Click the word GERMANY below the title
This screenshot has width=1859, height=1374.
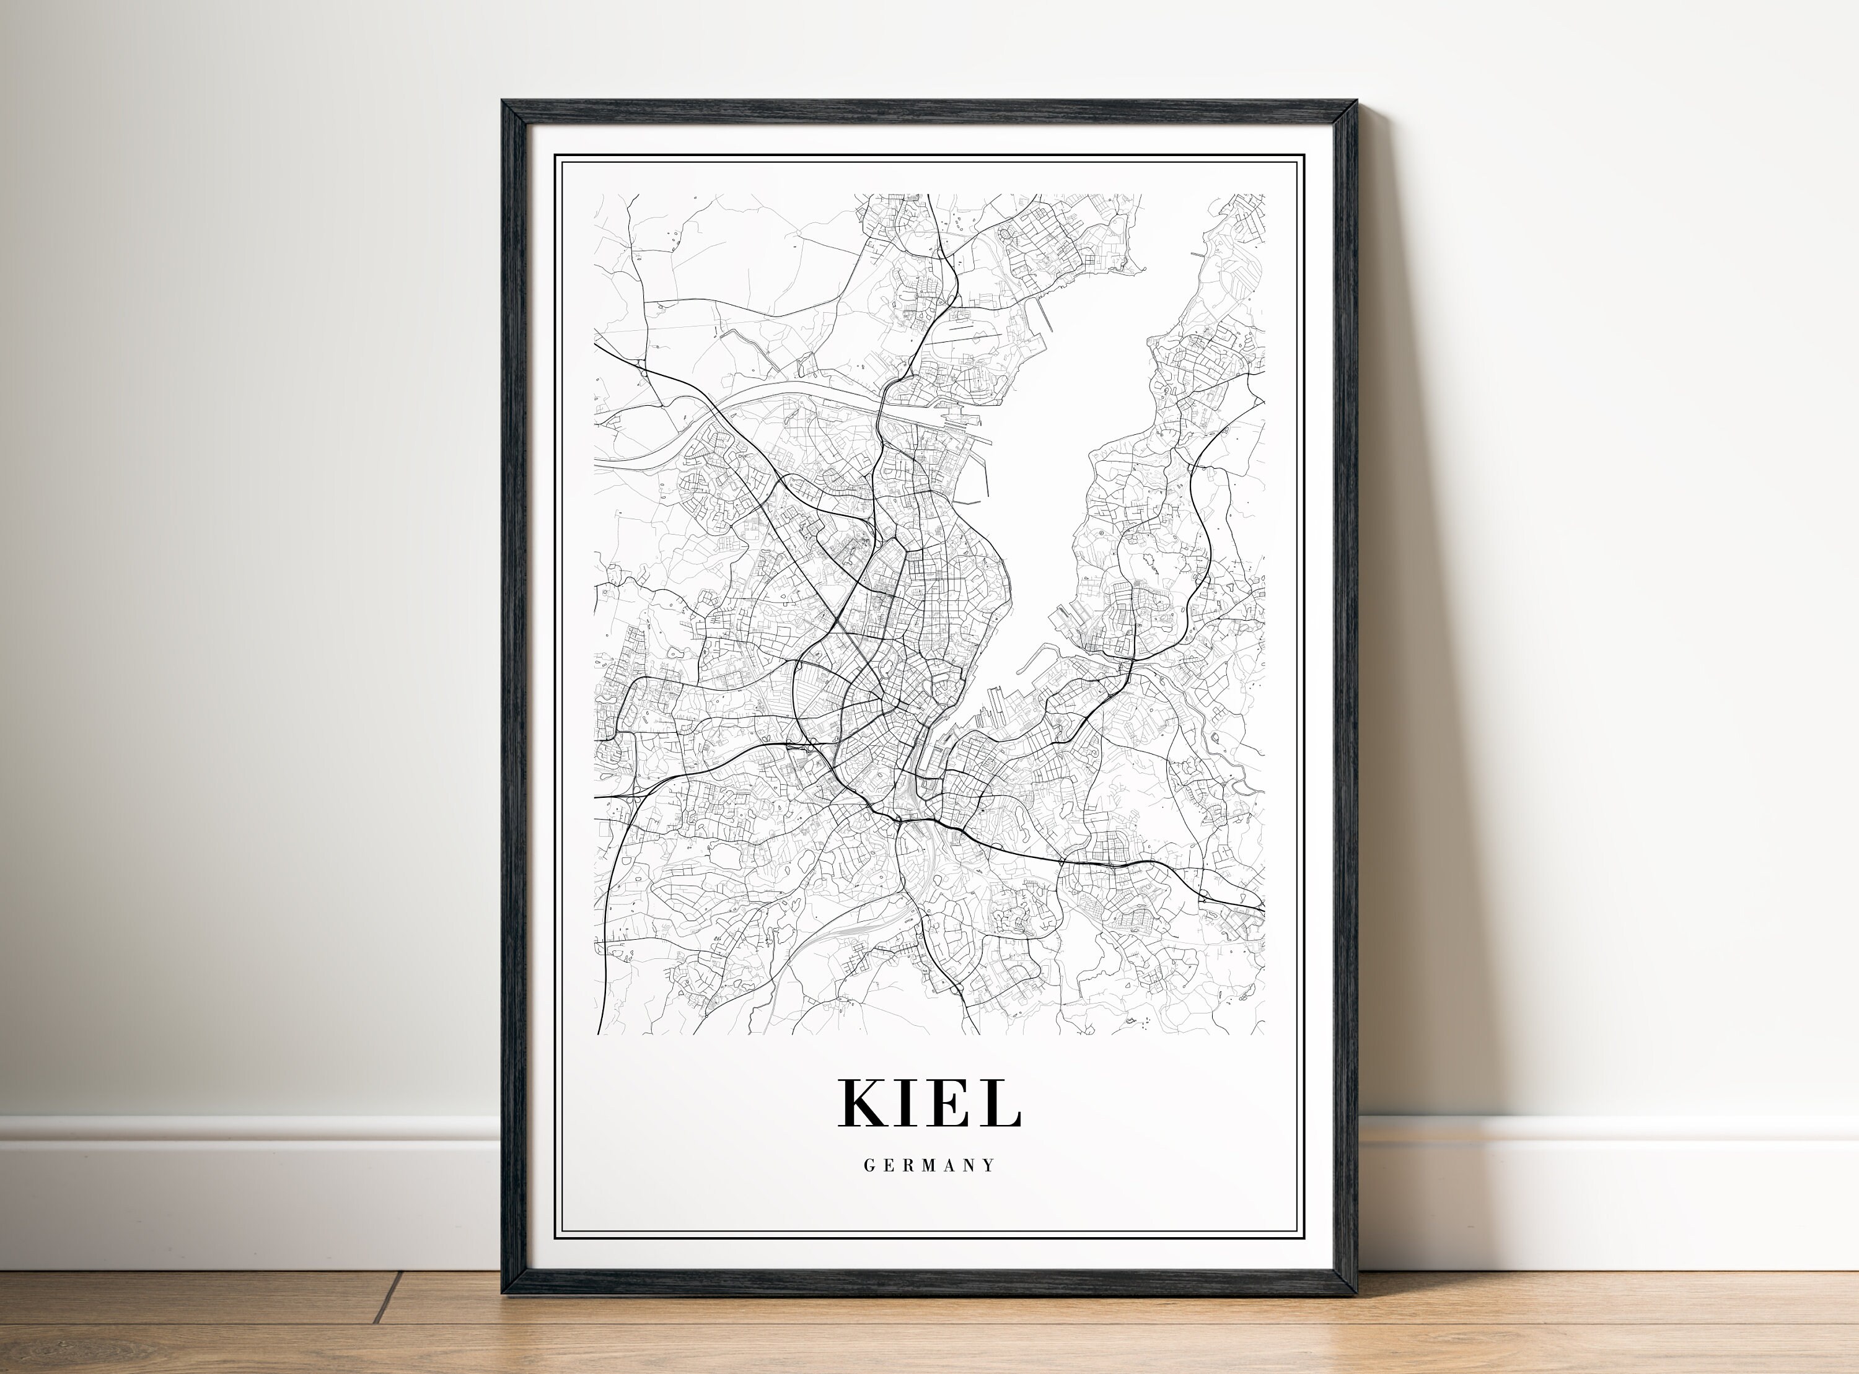point(929,1165)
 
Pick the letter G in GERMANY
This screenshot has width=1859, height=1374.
point(869,1165)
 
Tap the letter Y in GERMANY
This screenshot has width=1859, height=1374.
point(989,1165)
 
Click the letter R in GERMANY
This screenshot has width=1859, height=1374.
point(907,1165)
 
